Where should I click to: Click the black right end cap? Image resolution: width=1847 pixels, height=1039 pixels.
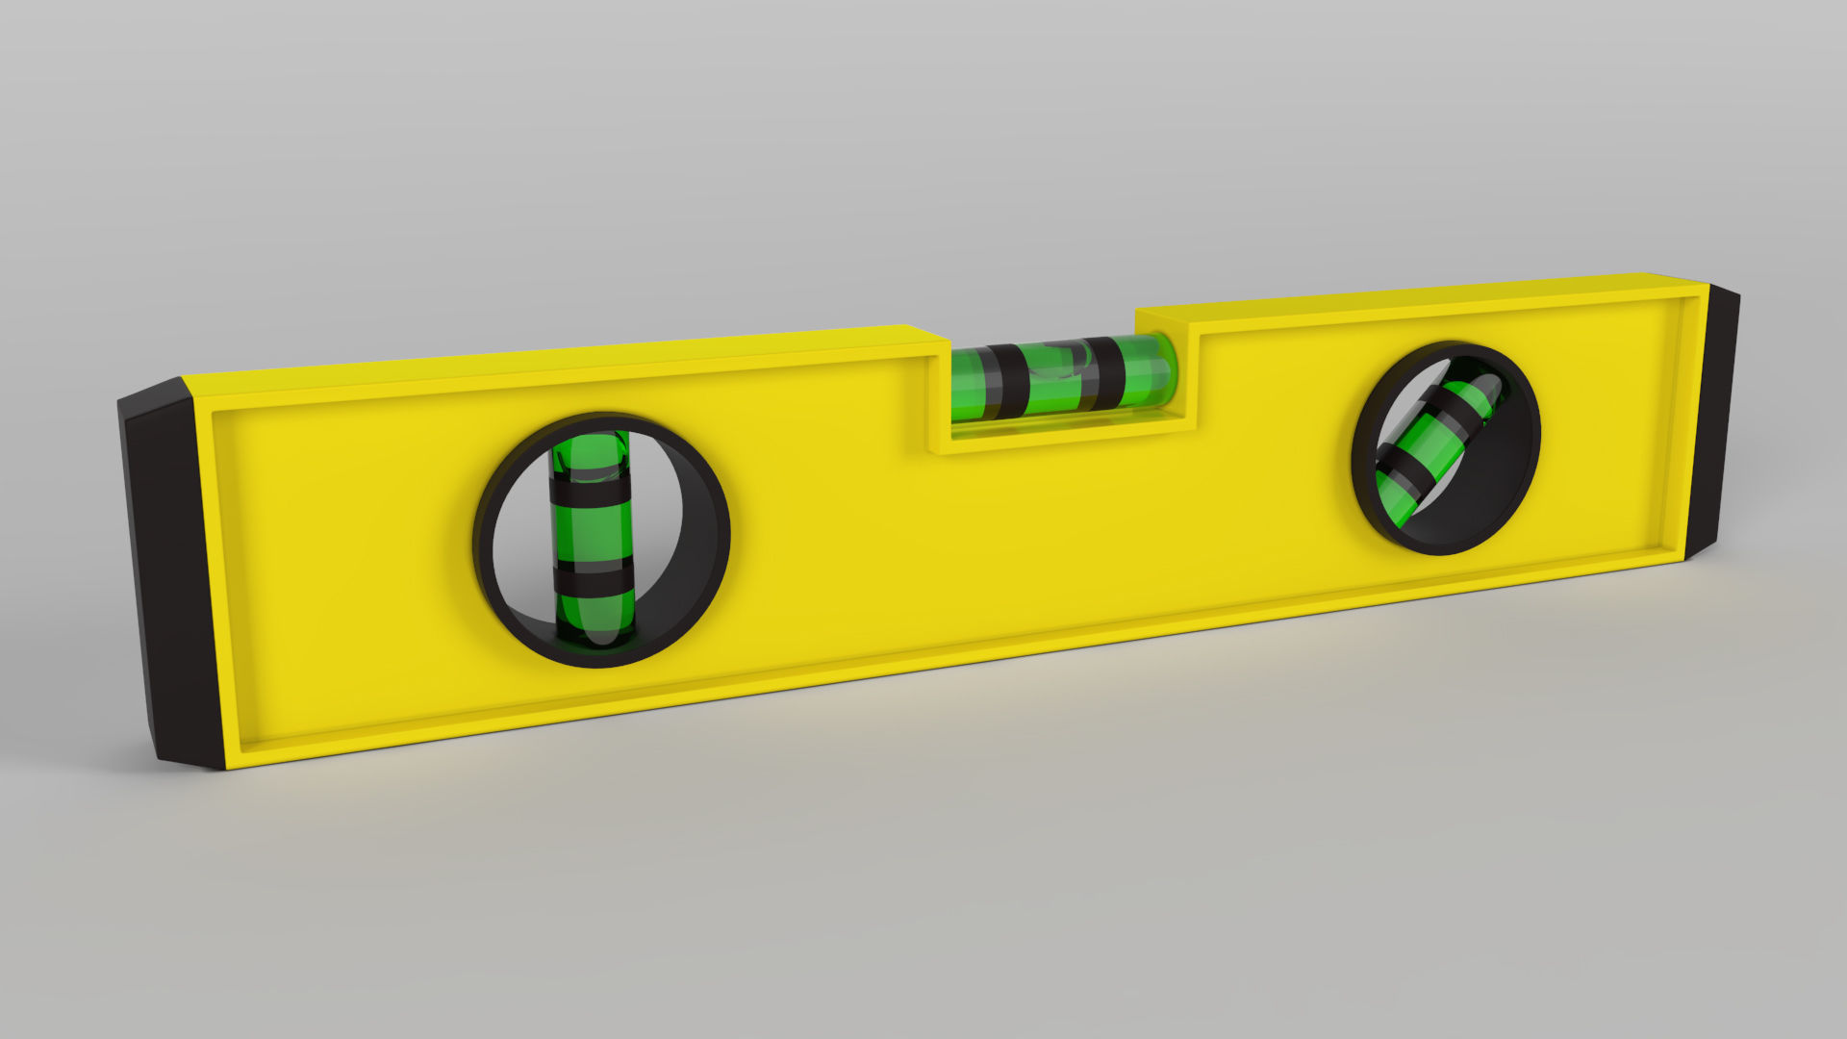pyautogui.click(x=1715, y=423)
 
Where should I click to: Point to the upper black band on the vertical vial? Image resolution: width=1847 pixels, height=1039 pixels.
pyautogui.click(x=591, y=492)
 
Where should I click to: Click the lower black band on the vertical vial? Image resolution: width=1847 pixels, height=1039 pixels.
pyautogui.click(x=593, y=580)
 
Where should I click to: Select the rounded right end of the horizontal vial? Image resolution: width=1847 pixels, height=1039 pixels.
pyautogui.click(x=1166, y=370)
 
